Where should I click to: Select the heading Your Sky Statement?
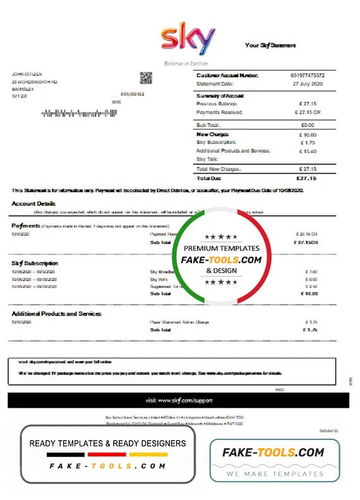(x=270, y=45)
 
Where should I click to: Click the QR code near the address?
(x=147, y=78)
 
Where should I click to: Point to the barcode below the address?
(x=79, y=114)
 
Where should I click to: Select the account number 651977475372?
(x=309, y=75)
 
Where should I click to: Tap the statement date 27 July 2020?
(x=309, y=83)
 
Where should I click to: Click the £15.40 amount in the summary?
(x=309, y=151)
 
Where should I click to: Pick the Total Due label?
(x=209, y=178)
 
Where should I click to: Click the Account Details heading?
(x=33, y=204)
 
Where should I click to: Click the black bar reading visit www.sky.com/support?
(x=179, y=400)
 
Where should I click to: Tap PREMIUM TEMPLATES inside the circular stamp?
(x=221, y=249)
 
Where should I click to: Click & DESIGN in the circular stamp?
(x=221, y=270)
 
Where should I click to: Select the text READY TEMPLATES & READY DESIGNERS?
(x=107, y=443)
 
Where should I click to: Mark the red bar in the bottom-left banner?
(x=107, y=455)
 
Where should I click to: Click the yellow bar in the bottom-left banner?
(x=148, y=455)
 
